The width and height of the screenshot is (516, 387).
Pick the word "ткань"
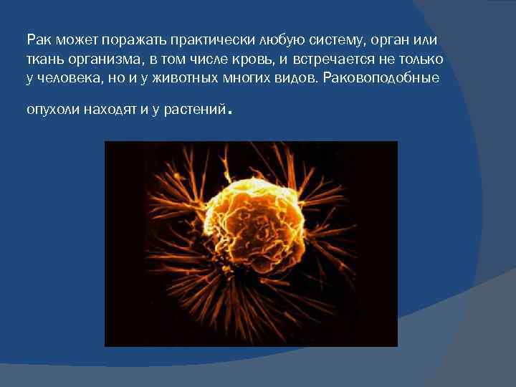pos(42,58)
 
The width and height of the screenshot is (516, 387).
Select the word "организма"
pos(105,58)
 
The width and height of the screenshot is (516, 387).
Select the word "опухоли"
pos(50,110)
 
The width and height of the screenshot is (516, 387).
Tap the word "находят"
pos(107,110)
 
